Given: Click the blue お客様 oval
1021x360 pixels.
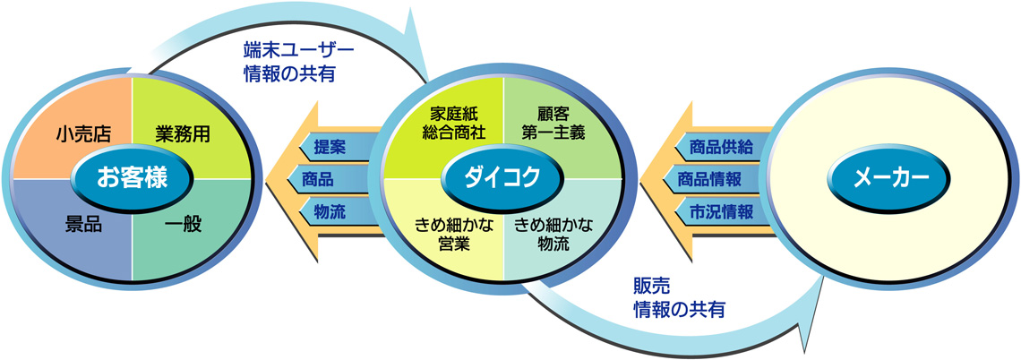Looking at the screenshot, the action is click(x=133, y=177).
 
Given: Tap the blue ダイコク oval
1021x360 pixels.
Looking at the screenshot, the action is click(x=503, y=177).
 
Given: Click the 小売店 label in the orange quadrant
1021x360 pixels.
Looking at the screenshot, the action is click(x=84, y=134).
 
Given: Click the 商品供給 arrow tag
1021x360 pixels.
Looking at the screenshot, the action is click(x=719, y=147).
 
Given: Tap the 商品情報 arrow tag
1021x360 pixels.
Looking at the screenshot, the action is click(x=719, y=178).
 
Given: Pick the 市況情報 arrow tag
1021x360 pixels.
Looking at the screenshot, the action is click(x=719, y=211).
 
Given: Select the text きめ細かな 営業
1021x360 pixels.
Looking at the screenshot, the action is click(x=454, y=235).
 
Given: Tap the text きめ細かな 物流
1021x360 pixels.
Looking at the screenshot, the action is click(x=554, y=235).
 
